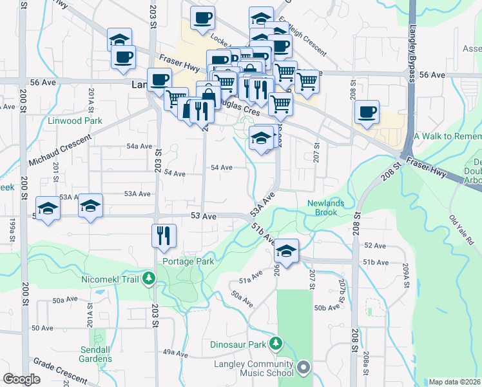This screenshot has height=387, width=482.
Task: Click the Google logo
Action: click(21, 379)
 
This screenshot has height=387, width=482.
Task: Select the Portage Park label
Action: click(188, 262)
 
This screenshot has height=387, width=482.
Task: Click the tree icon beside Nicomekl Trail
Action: click(149, 279)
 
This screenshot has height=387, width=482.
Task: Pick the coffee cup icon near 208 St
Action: click(367, 112)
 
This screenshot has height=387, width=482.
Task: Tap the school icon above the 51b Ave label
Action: click(286, 250)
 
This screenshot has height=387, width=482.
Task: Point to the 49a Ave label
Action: click(175, 352)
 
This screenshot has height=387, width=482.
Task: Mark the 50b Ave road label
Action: click(327, 308)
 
